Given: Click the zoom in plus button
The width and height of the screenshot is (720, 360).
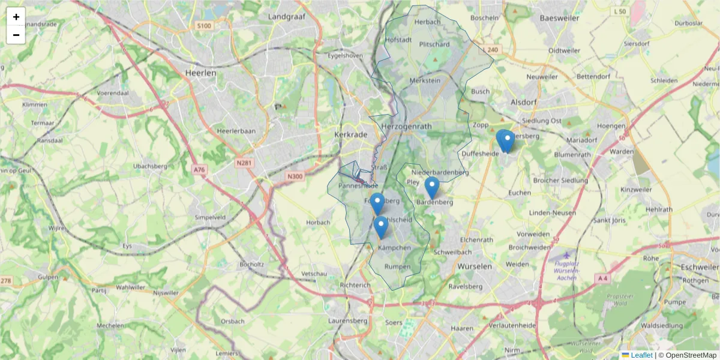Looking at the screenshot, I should coord(16,17).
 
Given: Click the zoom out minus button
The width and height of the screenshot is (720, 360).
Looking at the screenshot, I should coord(16,35).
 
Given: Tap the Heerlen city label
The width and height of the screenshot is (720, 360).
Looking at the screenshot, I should coord(200,73).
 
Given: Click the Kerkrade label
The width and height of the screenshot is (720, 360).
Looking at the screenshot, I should coord(350,135).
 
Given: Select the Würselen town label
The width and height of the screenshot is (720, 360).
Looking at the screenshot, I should coord(475,266).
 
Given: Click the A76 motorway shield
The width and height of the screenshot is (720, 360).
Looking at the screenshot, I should coord(199,170).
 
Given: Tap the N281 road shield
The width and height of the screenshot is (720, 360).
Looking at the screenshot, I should coord(244,163).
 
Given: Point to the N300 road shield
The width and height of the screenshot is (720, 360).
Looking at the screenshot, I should coord(294,176).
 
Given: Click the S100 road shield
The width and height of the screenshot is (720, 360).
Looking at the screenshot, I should coord(205,26).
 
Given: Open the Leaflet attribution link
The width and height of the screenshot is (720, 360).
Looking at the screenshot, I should coord(641,355).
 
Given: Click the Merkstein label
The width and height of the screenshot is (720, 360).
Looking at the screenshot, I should coord(424,80).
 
